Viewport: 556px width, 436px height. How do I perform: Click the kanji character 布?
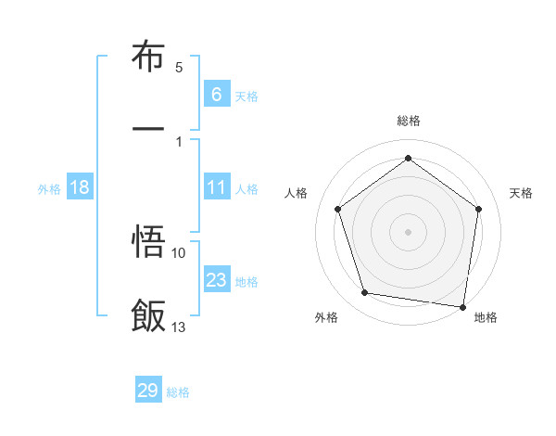point(148,57)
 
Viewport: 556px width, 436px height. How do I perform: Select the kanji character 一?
point(148,129)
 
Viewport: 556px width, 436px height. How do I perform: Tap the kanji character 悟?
point(148,243)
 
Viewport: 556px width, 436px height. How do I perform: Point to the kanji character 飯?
point(148,315)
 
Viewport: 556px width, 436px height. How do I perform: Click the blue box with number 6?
point(216,94)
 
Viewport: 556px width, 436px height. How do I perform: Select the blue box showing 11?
point(216,187)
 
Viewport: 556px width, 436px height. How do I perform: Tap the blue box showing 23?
point(216,280)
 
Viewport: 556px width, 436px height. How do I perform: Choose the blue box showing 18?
point(80,187)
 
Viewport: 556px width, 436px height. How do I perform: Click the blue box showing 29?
point(148,391)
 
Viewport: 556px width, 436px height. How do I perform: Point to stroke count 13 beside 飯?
point(179,327)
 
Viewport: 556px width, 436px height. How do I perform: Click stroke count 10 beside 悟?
point(179,252)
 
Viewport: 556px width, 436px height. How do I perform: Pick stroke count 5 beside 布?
point(179,67)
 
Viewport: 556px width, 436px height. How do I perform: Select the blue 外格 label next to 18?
point(49,188)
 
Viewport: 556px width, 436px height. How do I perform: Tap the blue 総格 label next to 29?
point(178,392)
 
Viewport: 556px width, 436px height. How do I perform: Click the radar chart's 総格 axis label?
point(408,121)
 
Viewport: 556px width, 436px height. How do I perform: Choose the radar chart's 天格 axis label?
point(521,193)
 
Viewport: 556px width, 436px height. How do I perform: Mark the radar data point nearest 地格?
point(462,306)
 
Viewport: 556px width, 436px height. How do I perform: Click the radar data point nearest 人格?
point(337,209)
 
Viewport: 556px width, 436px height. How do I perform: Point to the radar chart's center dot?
point(408,231)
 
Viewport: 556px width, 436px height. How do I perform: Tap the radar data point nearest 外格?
point(365,293)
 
